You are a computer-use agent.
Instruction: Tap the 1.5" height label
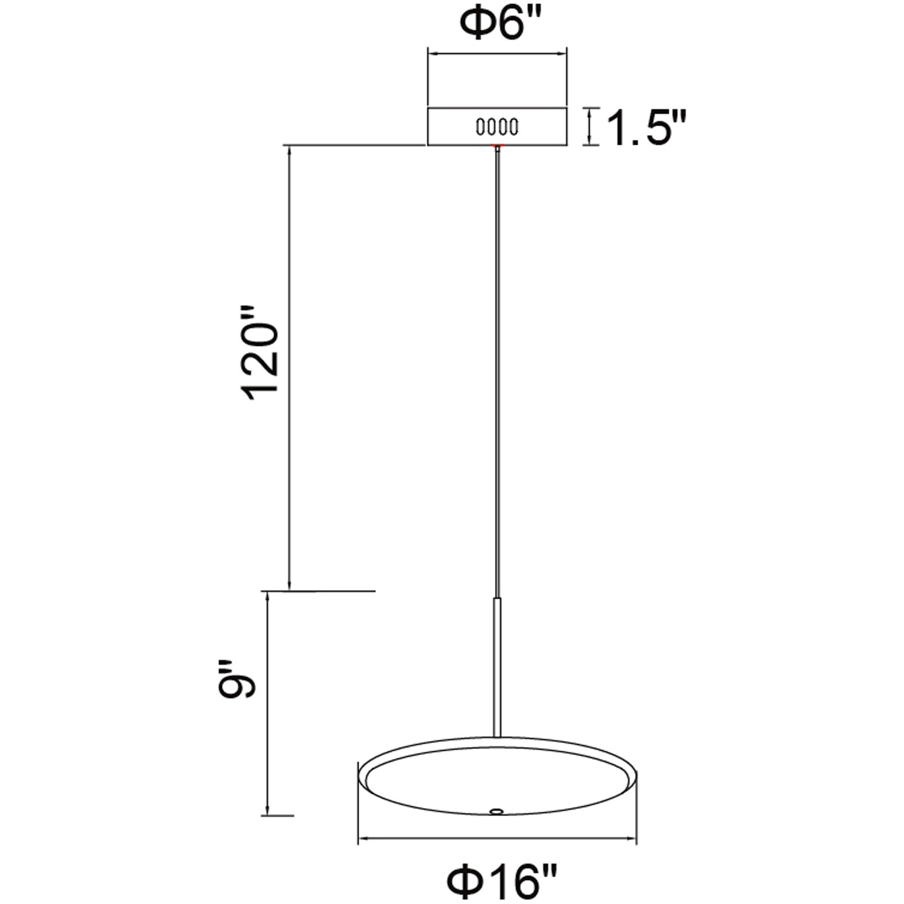coord(646,128)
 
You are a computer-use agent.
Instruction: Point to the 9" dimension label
coord(237,680)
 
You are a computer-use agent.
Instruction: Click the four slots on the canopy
coord(497,127)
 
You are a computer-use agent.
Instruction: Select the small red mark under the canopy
coord(497,145)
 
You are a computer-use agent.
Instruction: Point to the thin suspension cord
coord(497,371)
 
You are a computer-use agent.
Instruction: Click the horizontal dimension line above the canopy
coord(497,53)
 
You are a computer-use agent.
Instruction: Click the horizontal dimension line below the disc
coord(497,839)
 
